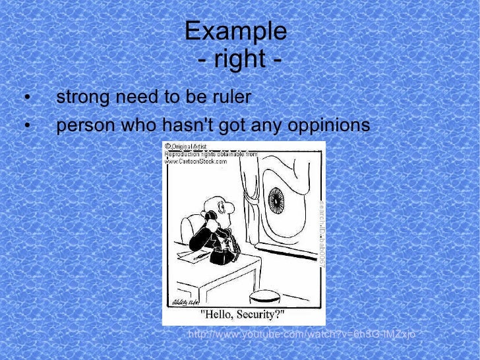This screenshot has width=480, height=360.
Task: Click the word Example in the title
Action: tap(235, 31)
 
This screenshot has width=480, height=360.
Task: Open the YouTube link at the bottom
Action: tap(301, 336)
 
